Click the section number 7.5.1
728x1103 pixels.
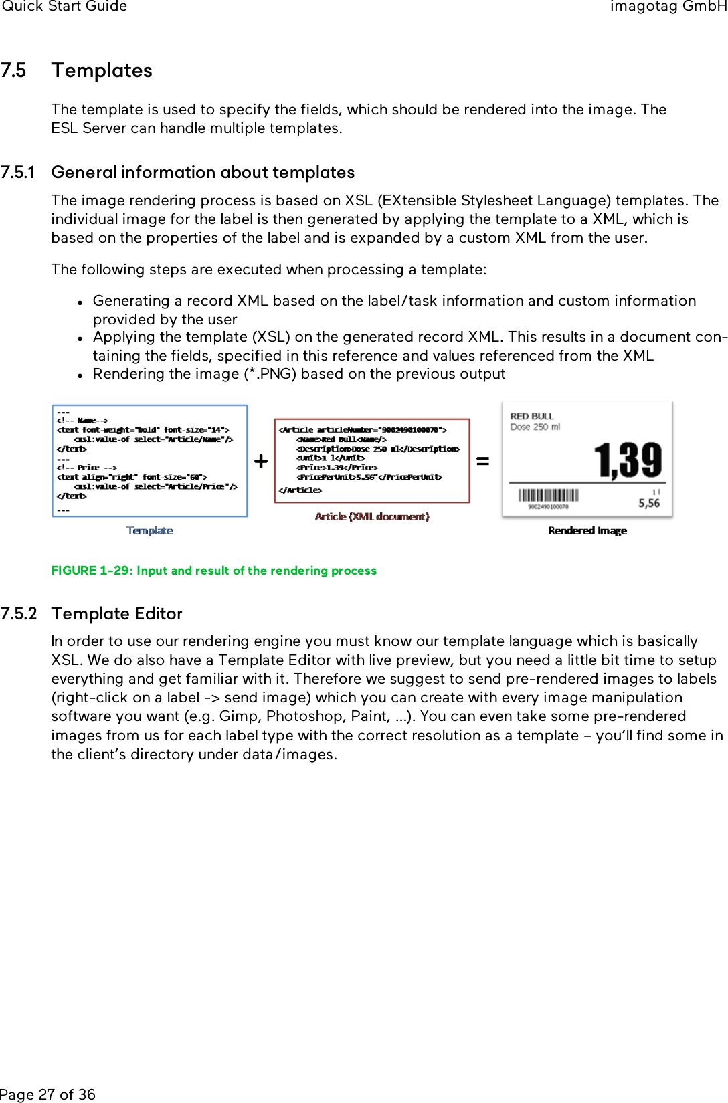[x=17, y=173]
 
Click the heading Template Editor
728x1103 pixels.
[x=116, y=614]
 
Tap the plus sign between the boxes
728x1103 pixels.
[x=261, y=462]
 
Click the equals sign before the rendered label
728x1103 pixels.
[x=482, y=461]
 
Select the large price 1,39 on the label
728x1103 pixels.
[x=628, y=460]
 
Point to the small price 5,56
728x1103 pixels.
[x=648, y=503]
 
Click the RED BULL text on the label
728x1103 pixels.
[x=531, y=416]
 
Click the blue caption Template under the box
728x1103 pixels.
[x=150, y=530]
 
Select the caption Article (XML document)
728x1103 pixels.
[x=372, y=516]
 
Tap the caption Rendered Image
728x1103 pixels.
[x=587, y=530]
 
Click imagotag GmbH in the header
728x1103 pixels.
[x=668, y=7]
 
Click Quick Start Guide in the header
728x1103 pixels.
[x=64, y=7]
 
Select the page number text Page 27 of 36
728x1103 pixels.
[x=48, y=1094]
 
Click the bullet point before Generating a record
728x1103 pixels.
[x=80, y=302]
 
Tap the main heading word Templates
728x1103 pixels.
[x=102, y=71]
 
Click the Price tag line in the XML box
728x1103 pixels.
[x=337, y=468]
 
